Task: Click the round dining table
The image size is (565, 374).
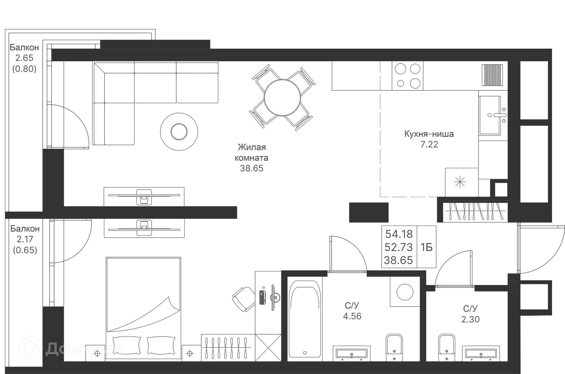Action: [x=282, y=97]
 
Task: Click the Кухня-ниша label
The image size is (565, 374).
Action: [x=429, y=134]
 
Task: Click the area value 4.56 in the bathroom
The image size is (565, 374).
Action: [x=352, y=316]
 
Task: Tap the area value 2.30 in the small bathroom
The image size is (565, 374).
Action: [x=470, y=319]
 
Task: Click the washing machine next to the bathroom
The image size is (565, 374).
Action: [x=405, y=292]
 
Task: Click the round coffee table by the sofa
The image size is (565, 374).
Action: [x=179, y=131]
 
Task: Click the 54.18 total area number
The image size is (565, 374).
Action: [x=399, y=234]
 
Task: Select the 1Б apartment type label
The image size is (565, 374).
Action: [x=427, y=247]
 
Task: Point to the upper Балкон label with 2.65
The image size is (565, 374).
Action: [x=25, y=47]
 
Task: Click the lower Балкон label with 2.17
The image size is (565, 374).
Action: [x=25, y=229]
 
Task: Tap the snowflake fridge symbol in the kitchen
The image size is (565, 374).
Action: [x=460, y=182]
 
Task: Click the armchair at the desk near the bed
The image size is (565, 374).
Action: [x=243, y=299]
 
